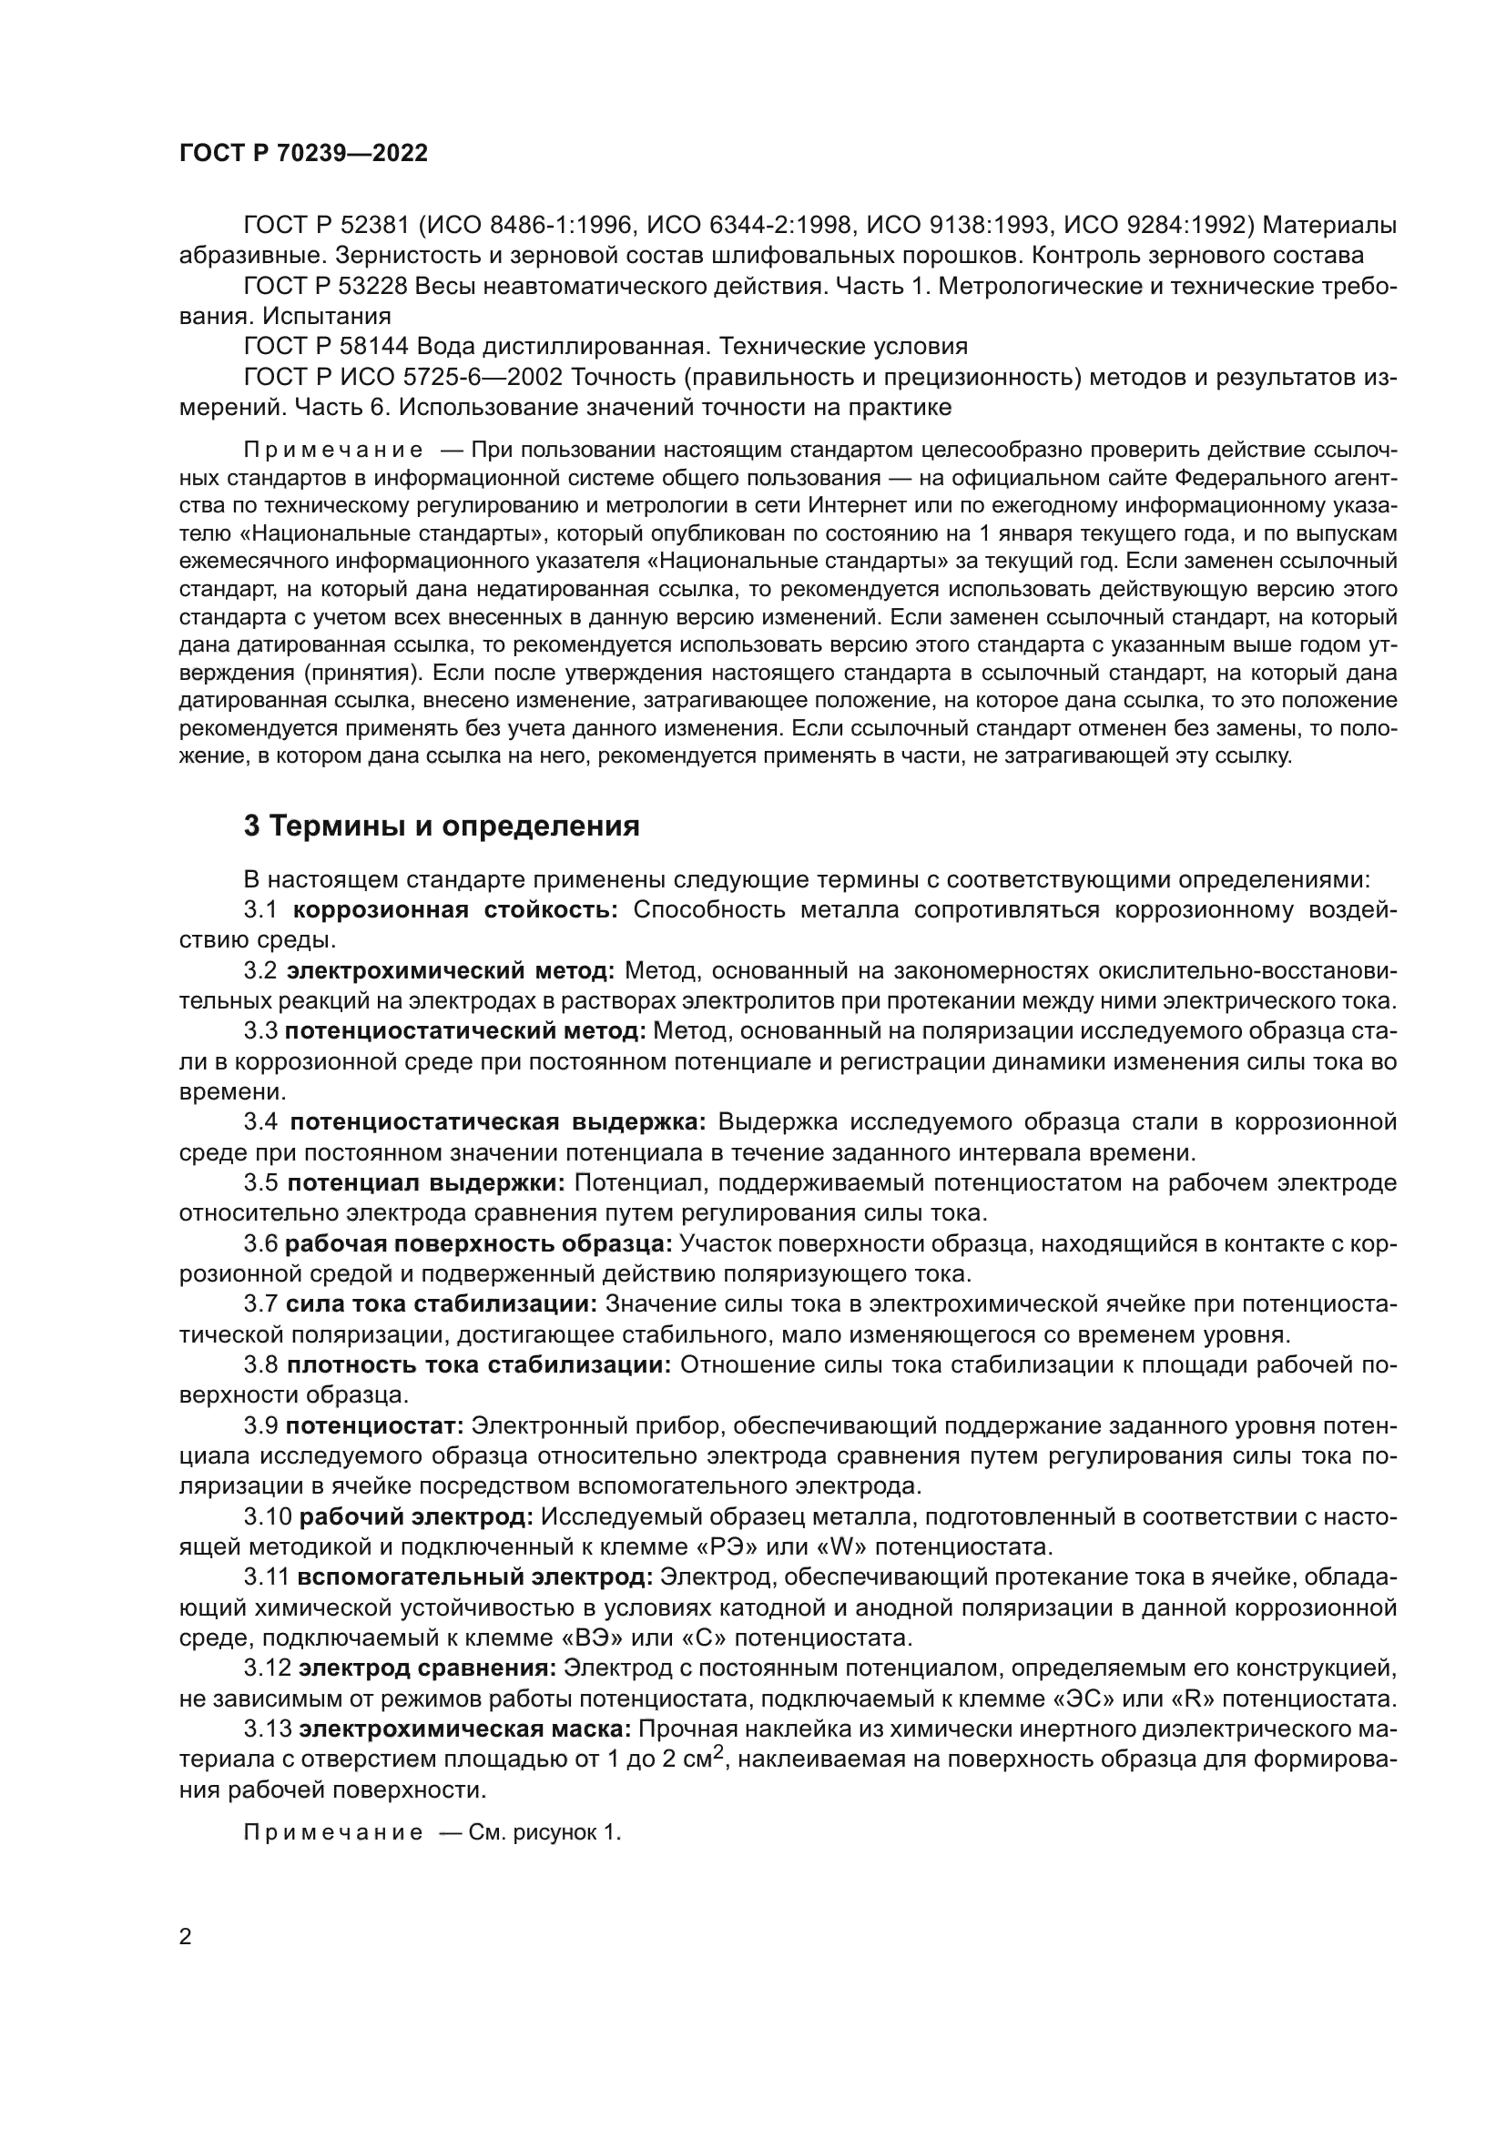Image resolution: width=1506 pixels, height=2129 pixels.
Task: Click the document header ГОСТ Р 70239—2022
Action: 303,154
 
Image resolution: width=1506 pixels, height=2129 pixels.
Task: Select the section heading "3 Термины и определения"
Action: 442,826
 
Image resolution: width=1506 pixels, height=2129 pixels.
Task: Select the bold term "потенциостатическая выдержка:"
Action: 498,1122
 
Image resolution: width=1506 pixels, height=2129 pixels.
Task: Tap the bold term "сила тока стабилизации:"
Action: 442,1304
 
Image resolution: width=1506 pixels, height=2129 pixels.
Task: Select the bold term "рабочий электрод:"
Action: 415,1517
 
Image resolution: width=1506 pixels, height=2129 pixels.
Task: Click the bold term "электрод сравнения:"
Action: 428,1668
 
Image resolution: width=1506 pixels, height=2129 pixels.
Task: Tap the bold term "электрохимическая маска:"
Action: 466,1729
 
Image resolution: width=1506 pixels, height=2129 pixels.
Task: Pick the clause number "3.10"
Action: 267,1517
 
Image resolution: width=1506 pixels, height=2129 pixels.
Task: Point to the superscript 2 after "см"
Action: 717,1750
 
